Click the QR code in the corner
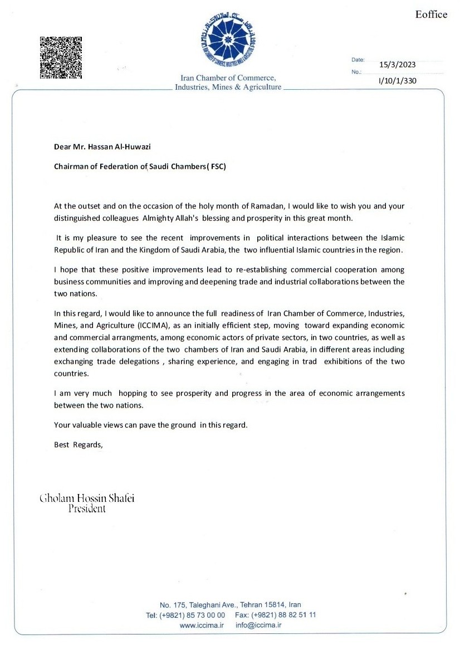pyautogui.click(x=61, y=57)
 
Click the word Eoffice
pyautogui.click(x=431, y=14)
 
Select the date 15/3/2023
pyautogui.click(x=397, y=64)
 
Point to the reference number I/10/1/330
pyautogui.click(x=397, y=81)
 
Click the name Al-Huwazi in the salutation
pyautogui.click(x=134, y=147)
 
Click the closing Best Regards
pyautogui.click(x=79, y=444)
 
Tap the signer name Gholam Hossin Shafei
pyautogui.click(x=87, y=498)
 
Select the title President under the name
pyautogui.click(x=87, y=508)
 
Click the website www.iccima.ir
pyautogui.click(x=201, y=626)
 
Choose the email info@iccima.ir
pyautogui.click(x=258, y=626)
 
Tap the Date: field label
pyautogui.click(x=358, y=59)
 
